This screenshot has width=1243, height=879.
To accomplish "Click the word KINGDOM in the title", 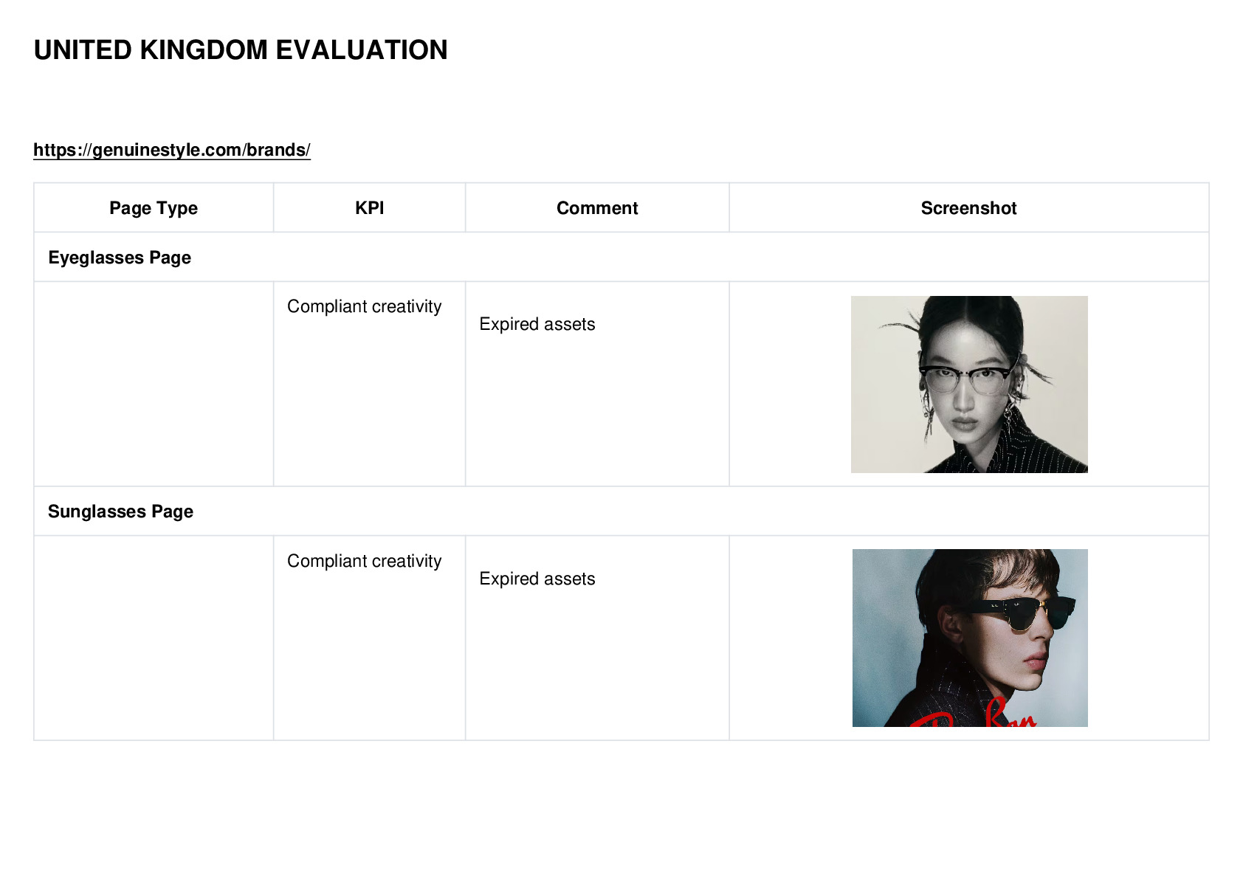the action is click(204, 50).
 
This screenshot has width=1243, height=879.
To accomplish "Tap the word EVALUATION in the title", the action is click(362, 50).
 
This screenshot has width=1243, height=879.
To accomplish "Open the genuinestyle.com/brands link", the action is click(172, 150).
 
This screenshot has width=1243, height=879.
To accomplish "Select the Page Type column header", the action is click(153, 208).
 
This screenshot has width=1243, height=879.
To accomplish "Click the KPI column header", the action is click(370, 208).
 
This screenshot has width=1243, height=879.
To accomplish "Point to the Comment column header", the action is click(597, 208).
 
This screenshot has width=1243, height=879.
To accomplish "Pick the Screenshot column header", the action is click(969, 208).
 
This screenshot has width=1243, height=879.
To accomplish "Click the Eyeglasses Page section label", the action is click(120, 258).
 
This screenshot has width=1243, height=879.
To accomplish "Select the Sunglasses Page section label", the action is click(120, 511).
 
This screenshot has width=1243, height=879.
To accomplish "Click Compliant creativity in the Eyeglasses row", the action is click(364, 306).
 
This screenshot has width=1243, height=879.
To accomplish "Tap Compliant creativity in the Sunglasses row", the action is click(364, 561).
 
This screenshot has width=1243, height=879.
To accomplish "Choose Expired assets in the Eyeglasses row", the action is click(537, 324).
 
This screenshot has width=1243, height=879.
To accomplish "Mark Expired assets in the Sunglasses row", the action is click(537, 579).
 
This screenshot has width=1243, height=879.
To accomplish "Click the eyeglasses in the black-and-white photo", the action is click(965, 379).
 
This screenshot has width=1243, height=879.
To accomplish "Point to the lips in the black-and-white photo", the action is click(965, 424).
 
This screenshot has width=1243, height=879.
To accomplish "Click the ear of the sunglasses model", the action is click(954, 632).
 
